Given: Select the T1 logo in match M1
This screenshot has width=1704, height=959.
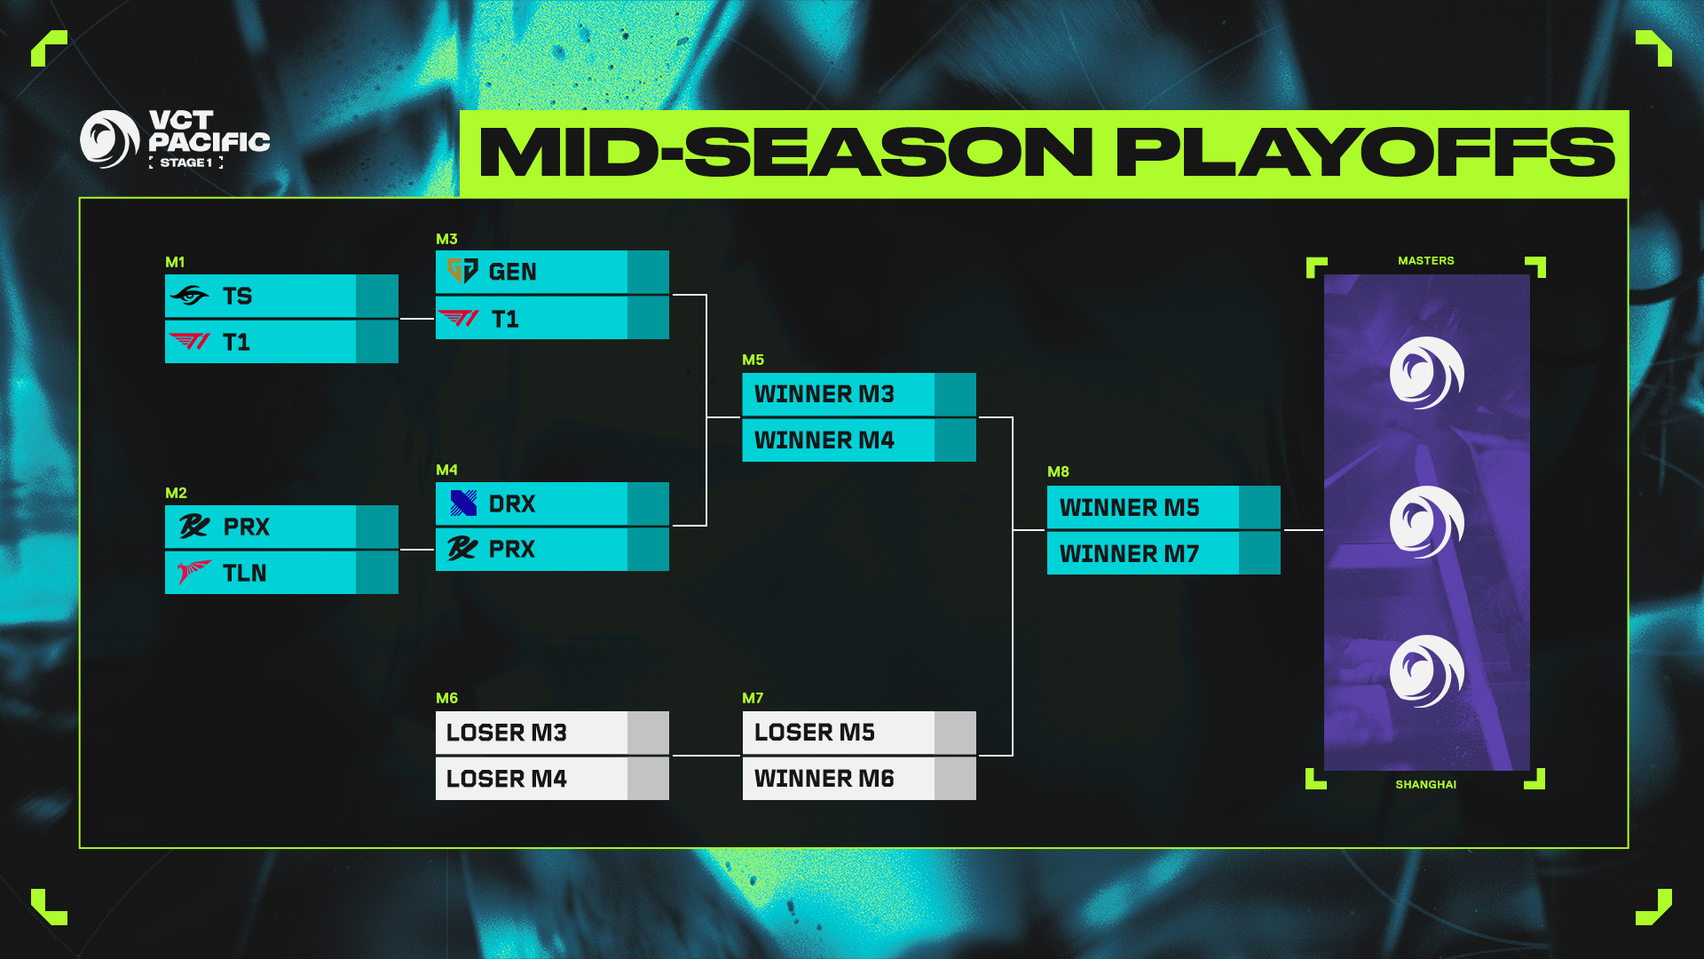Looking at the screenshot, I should [189, 342].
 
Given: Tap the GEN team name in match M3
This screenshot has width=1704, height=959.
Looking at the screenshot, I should [512, 272].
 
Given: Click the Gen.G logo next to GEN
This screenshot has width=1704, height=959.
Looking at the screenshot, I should [462, 271].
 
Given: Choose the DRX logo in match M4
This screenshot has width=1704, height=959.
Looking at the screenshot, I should [463, 503].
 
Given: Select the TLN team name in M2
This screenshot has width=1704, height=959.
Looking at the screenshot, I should [245, 574].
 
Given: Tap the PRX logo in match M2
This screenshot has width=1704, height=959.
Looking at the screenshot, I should [194, 527].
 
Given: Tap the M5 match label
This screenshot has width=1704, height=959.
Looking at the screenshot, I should [753, 360].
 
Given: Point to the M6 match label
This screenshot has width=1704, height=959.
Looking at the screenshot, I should [446, 698].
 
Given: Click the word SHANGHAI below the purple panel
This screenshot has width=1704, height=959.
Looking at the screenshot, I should [1425, 784].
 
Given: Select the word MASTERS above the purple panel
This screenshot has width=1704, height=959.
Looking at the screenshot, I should [1425, 261].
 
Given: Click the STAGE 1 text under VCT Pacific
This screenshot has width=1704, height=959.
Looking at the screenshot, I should [186, 162].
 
